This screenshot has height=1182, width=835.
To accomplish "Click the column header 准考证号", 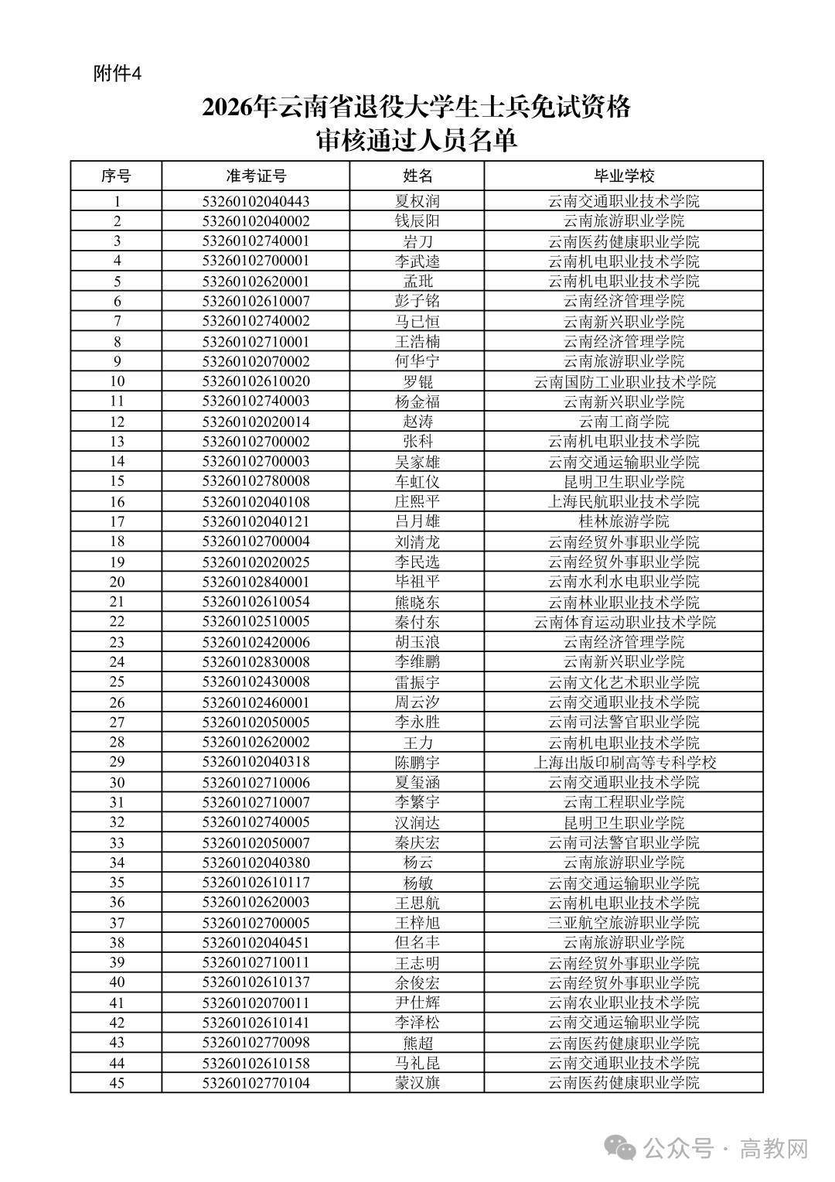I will click(256, 176).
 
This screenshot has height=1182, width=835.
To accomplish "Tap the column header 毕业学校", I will click(623, 176).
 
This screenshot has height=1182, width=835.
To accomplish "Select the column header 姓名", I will click(417, 176).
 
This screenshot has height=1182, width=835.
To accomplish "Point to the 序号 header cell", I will click(116, 176).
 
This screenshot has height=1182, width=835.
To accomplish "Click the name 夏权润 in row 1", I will click(417, 201).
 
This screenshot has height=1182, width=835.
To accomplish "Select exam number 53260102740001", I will click(256, 241).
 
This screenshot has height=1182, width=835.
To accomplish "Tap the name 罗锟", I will click(417, 381).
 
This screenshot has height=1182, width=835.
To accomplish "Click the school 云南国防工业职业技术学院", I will click(623, 381).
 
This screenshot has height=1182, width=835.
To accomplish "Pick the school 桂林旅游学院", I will click(623, 521).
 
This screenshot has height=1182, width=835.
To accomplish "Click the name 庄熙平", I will click(417, 501).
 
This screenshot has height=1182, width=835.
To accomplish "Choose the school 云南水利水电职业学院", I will click(623, 582).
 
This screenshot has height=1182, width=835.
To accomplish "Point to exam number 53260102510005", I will click(256, 622).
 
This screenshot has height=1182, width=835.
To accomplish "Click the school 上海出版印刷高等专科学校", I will click(623, 762).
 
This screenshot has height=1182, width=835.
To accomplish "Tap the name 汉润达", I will click(417, 822).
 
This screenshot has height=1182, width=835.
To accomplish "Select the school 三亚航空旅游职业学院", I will click(623, 922).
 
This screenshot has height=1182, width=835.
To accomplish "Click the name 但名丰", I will click(417, 942).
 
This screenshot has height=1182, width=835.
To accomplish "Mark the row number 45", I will click(117, 1082).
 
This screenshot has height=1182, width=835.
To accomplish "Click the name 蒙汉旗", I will click(417, 1082).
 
